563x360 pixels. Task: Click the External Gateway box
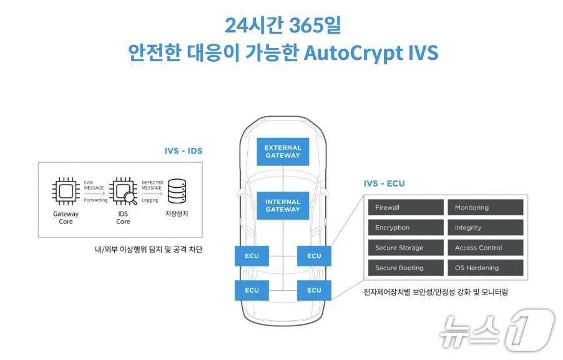282,152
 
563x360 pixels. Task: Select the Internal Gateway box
282,206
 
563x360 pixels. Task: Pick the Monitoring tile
485,208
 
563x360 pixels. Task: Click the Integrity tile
485,228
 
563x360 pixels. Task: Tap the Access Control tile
485,248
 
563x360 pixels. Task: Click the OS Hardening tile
485,268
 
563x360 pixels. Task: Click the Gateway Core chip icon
66,191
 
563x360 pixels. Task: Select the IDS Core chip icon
122,191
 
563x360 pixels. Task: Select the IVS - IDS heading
184,151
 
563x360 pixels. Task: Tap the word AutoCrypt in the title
352,53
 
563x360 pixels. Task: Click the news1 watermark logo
496,329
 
